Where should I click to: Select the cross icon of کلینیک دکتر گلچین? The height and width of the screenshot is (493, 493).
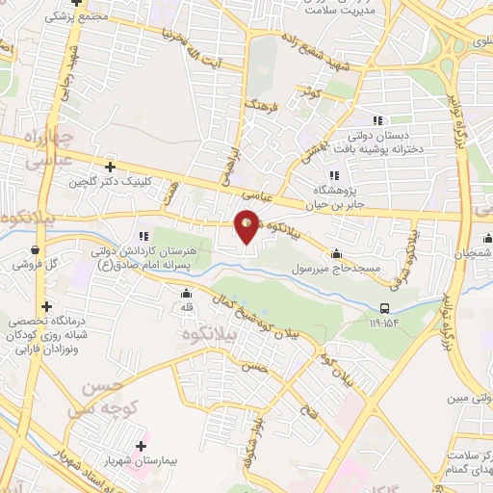point(111,166)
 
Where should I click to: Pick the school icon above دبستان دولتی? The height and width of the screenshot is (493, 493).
point(376,120)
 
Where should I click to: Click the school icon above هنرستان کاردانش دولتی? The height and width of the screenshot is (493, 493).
point(143,236)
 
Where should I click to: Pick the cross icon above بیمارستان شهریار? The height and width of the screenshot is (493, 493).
point(143,448)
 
